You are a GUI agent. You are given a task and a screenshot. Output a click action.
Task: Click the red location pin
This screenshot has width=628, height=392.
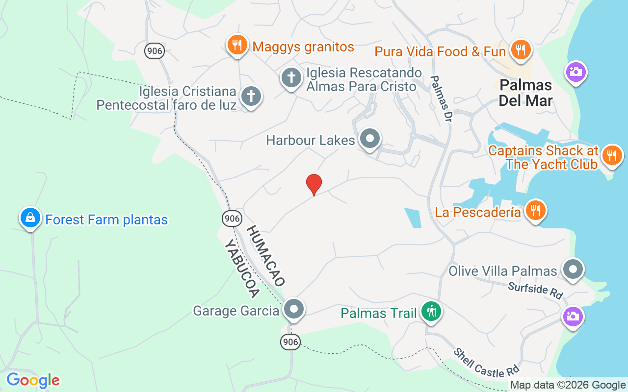314,184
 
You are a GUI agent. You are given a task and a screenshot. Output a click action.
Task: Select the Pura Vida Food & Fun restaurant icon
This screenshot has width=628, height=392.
520,50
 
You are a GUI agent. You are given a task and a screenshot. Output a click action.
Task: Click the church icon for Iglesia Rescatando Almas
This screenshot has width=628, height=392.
291,77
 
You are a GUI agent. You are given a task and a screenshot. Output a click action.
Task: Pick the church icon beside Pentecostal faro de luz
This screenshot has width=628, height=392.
251,96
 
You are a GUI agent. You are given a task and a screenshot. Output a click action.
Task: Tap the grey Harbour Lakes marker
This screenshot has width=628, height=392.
370,139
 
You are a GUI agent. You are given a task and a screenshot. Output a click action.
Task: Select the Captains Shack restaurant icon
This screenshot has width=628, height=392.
612,156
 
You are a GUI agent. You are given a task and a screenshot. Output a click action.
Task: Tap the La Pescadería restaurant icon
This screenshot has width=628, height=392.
535,211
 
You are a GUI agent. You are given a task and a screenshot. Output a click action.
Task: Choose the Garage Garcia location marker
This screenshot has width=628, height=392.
294,309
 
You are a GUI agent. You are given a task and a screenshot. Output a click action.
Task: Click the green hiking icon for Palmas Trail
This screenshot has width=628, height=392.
431,311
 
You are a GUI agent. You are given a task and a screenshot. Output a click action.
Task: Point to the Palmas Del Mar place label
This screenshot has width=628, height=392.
525,93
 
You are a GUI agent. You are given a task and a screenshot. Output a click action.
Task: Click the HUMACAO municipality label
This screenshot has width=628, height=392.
265,256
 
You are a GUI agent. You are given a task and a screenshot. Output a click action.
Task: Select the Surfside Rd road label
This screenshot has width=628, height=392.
535,290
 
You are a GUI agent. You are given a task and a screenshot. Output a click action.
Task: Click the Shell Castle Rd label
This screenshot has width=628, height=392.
486,363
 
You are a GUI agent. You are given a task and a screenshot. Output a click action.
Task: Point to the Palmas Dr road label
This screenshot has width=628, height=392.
441,98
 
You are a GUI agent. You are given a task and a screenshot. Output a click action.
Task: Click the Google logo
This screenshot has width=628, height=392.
33,380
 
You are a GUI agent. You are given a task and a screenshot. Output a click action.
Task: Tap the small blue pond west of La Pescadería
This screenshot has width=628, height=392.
413,218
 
